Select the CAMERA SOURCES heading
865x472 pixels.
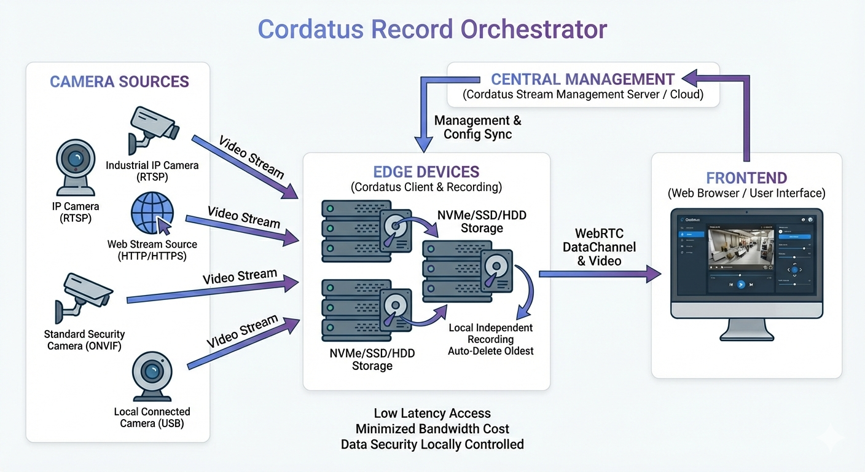119,82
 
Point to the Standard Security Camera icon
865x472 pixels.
84,297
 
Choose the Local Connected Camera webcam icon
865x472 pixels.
152,374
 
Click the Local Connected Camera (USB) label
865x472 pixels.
152,417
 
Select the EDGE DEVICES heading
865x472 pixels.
426,172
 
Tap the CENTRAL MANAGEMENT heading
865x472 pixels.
582,79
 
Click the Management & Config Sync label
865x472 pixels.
477,127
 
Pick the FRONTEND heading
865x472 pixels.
746,178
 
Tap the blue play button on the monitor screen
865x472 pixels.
741,285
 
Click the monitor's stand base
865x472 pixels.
746,337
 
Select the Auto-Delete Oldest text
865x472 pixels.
490,351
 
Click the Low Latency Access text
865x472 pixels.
432,413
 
